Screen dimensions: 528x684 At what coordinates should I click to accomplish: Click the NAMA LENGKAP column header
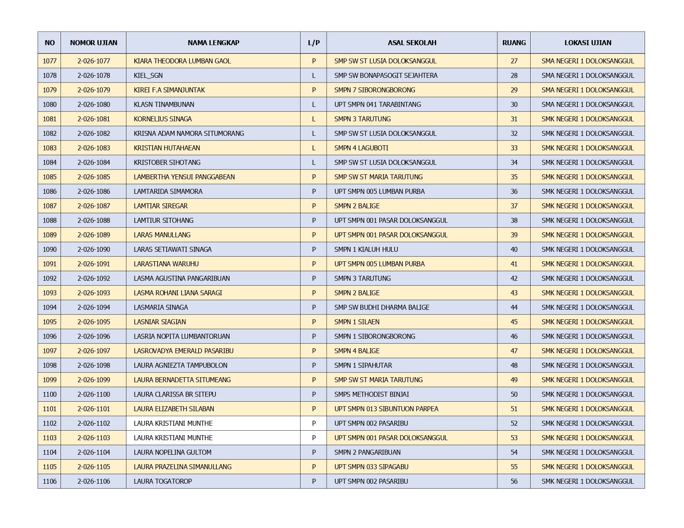click(213, 43)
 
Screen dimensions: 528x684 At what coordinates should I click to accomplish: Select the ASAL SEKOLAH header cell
click(412, 43)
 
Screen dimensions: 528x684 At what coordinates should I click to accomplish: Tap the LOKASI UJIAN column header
click(587, 43)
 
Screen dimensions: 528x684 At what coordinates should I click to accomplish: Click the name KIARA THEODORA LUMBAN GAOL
click(182, 61)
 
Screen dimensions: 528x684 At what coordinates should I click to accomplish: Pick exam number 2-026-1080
click(94, 105)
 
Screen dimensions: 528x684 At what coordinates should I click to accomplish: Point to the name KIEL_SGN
click(148, 76)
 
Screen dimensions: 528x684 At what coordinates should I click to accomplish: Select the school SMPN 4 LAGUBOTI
click(361, 148)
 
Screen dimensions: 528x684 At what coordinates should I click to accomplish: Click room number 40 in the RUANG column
click(514, 250)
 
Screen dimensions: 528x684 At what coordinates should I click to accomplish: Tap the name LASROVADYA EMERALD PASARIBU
click(184, 351)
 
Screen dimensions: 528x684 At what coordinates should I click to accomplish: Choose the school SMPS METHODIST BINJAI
click(371, 395)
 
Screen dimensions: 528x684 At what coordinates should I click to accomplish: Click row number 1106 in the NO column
click(49, 482)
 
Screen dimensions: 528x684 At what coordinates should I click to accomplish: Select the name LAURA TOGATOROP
click(163, 482)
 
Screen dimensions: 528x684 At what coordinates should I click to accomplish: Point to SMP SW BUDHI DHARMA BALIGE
click(381, 308)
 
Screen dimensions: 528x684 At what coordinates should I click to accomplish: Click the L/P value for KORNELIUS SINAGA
click(313, 119)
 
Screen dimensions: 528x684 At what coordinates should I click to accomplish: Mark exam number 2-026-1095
click(94, 322)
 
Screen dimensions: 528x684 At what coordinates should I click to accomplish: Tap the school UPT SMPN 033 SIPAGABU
click(371, 467)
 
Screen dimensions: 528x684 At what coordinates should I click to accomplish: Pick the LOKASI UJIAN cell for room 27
click(587, 61)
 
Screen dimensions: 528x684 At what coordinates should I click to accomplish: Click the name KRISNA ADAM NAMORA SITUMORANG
click(189, 134)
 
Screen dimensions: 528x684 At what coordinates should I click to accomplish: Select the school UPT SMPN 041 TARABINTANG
click(377, 105)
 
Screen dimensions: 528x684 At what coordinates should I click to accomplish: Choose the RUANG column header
click(514, 43)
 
